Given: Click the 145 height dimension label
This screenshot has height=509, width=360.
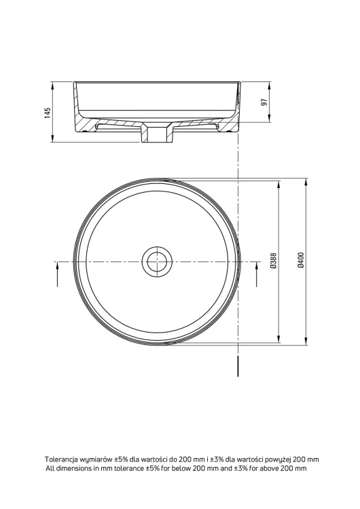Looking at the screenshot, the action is pos(48,113).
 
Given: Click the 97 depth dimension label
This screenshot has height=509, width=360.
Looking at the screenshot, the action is pos(264,102).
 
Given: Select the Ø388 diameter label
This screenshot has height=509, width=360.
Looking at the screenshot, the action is pos(273,261).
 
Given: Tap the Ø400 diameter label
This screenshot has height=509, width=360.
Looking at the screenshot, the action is pos(301,261).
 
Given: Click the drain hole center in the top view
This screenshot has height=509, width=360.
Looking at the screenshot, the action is pos(158,262).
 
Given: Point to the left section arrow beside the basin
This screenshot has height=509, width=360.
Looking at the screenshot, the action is pos(57,274).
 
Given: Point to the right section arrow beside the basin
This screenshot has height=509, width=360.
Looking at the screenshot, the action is pos(256,274).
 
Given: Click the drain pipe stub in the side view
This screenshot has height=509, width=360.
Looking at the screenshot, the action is pos(158,134).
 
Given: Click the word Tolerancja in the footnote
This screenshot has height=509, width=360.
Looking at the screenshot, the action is pos(59,459).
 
